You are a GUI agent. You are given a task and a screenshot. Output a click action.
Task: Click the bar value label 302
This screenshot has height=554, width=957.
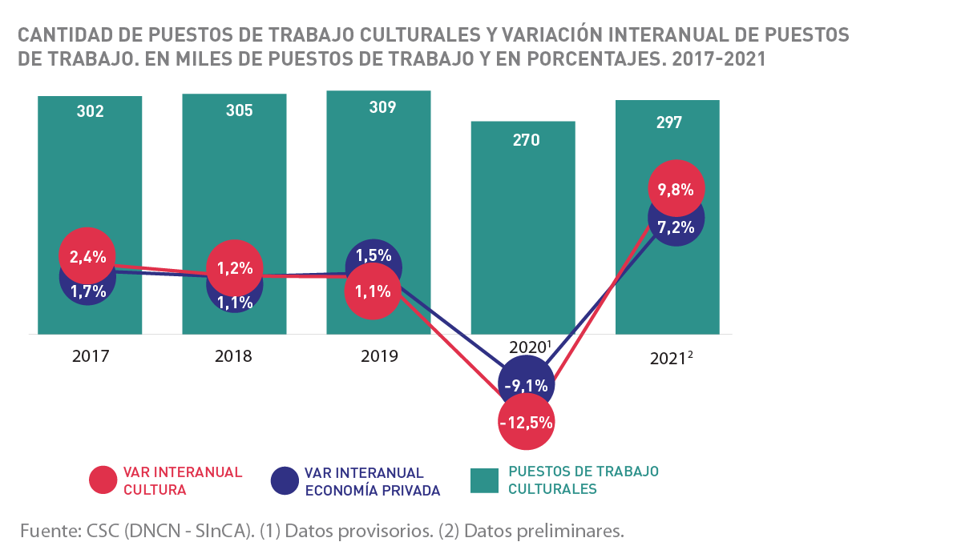[90, 111]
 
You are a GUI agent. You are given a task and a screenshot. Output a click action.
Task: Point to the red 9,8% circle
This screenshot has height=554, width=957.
[676, 189]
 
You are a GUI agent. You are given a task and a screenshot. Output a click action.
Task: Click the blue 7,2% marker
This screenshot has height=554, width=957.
[676, 227]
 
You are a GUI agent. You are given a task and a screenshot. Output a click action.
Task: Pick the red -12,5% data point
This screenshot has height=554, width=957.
[525, 422]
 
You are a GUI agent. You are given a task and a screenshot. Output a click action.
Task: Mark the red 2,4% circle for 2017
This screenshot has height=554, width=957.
[87, 256]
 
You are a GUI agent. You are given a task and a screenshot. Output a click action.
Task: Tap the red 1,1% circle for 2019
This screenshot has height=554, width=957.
[373, 291]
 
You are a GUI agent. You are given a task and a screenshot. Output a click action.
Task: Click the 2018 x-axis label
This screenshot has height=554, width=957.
[233, 355]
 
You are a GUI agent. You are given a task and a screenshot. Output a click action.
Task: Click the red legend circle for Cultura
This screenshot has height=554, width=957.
[103, 480]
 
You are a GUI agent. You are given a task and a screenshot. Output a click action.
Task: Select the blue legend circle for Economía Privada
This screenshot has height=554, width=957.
[285, 480]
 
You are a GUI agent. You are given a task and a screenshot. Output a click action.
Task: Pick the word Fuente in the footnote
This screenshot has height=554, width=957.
[45, 531]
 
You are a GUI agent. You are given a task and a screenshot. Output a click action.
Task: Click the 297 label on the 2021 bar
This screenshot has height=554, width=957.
[668, 122]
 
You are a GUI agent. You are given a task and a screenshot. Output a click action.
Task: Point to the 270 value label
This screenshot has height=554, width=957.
[526, 140]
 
